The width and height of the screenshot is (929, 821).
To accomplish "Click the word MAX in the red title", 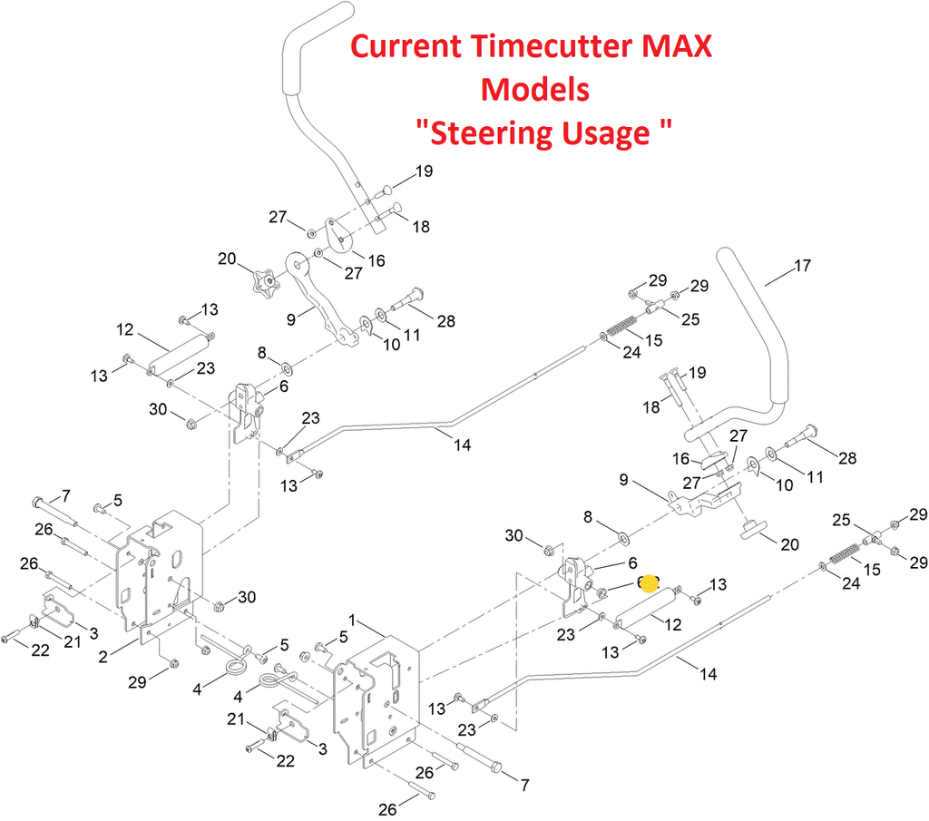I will click(x=673, y=46).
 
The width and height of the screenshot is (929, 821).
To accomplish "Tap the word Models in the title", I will click(x=535, y=89).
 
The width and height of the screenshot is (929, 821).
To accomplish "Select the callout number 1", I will click(x=355, y=622).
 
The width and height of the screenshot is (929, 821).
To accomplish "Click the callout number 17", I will click(x=802, y=267).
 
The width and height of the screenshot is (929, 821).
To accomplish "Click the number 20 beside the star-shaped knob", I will click(x=228, y=259).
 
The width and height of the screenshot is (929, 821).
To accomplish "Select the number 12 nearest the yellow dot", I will click(x=673, y=624).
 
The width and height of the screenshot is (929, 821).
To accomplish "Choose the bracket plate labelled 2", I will click(x=163, y=572).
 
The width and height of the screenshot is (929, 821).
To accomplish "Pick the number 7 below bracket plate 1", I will click(x=522, y=782).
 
